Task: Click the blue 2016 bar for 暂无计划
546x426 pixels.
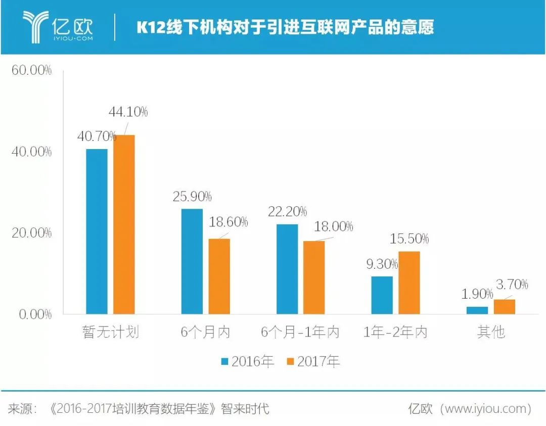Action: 97,231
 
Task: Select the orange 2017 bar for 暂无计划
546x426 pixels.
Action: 124,224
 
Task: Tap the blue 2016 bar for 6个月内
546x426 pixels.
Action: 192,261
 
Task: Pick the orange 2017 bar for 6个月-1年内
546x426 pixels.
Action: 314,277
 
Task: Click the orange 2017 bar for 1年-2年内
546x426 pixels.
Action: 409,282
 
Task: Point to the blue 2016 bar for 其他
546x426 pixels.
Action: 477,310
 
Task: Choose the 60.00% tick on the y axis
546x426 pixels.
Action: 31,70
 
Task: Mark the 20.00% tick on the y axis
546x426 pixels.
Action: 31,233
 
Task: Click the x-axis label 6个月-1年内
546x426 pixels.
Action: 300,332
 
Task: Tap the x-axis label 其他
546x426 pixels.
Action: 490,332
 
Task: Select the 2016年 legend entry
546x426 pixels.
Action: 247,361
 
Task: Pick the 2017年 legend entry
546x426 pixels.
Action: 313,361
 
